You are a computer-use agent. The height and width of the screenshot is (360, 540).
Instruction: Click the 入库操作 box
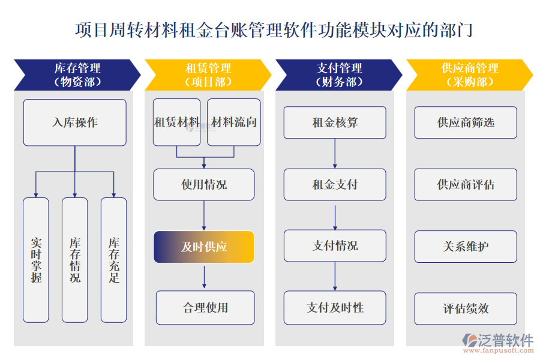coord(75,122)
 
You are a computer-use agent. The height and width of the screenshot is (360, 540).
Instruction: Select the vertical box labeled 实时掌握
coord(35,260)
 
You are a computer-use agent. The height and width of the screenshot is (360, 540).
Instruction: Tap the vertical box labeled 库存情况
coord(75,260)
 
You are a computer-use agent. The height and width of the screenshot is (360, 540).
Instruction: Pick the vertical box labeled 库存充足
coord(114,260)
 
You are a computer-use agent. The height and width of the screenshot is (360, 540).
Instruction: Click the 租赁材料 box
coord(176,122)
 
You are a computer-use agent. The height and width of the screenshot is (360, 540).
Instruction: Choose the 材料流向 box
coord(234,122)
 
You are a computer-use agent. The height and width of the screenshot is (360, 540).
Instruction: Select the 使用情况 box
coord(204,184)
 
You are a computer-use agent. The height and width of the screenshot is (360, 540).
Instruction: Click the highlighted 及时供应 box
coord(204,247)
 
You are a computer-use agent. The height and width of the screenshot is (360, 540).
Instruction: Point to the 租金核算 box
coord(335,122)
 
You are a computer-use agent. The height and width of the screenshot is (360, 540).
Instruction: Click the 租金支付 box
coord(335,184)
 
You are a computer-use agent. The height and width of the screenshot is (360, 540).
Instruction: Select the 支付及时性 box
coord(335,308)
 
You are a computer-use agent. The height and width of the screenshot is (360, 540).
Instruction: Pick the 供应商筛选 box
coord(466,122)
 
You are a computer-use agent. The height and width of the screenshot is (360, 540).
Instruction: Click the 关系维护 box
coord(466,246)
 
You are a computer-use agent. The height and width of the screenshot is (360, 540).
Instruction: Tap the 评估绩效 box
coord(466,308)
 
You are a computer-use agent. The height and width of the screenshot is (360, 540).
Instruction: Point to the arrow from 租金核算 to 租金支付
coord(335,154)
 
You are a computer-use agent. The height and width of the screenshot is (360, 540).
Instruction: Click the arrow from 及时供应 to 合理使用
coord(205,277)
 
